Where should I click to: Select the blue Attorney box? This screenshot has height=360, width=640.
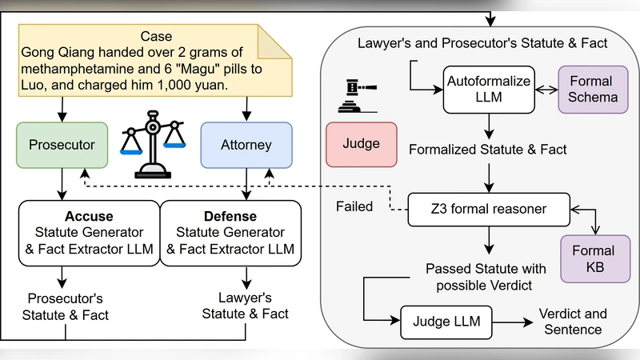click(246, 146)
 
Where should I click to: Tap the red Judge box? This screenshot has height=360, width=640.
click(361, 145)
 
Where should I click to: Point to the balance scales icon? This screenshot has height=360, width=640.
click(151, 142)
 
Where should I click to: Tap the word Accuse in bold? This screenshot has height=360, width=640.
click(90, 217)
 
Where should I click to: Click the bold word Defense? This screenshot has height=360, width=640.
click(230, 217)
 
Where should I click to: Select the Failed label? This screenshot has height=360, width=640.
click(354, 206)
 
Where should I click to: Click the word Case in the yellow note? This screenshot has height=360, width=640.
click(155, 36)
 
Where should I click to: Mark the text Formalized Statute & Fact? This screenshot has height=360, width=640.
click(488, 149)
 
